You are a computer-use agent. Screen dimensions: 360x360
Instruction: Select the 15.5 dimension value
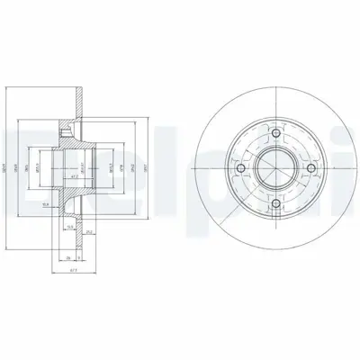click(x=69, y=227)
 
